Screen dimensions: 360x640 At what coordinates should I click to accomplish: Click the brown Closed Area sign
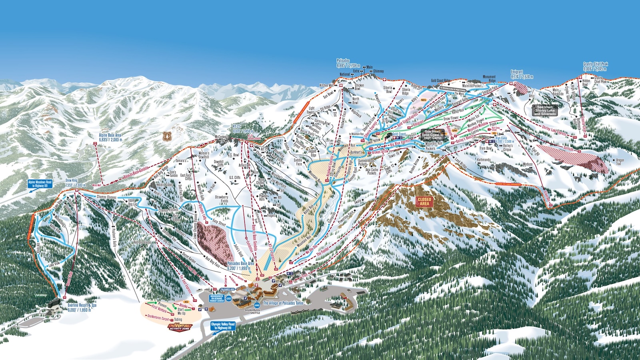point(424,201)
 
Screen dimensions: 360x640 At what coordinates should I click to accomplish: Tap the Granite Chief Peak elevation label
point(595,66)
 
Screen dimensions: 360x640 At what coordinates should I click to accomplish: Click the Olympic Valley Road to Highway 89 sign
point(223,326)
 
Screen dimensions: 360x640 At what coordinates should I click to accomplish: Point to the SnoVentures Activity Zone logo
point(180,327)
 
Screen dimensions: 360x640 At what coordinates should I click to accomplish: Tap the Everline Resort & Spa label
point(82,308)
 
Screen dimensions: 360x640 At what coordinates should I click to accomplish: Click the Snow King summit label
point(75,183)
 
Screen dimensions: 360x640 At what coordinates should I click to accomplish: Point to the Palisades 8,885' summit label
point(348,63)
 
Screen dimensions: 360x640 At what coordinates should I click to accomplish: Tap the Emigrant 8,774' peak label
point(522,74)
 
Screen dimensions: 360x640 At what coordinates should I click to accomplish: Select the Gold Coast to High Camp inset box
point(433,134)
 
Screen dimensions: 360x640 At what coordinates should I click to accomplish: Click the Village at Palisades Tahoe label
point(283,303)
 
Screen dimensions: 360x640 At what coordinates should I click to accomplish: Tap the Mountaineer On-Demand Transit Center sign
point(217,298)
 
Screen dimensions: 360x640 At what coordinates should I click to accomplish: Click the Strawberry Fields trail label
point(221,199)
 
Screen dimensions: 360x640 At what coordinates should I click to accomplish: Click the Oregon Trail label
point(620,162)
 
